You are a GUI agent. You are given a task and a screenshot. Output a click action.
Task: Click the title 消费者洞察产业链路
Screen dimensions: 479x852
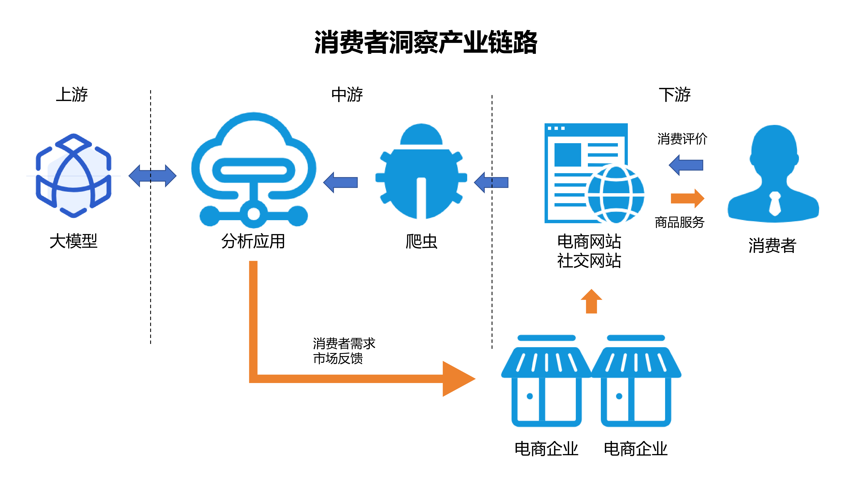[x=426, y=42]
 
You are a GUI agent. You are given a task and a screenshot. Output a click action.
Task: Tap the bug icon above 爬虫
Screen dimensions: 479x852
[x=421, y=172]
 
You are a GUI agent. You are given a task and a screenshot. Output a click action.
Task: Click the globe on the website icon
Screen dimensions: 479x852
[x=616, y=194]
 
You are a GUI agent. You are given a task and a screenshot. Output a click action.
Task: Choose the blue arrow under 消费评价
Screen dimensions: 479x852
[x=686, y=165]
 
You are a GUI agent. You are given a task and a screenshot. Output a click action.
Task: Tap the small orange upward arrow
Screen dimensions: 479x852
[x=591, y=301]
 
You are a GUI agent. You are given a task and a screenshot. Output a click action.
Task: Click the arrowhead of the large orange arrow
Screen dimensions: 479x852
[x=458, y=379]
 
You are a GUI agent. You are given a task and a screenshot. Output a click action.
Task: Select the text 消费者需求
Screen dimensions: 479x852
[x=344, y=343]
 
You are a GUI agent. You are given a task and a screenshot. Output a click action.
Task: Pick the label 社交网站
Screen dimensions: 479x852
[x=589, y=261]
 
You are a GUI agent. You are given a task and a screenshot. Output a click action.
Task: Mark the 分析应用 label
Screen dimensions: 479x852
[x=253, y=241]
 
